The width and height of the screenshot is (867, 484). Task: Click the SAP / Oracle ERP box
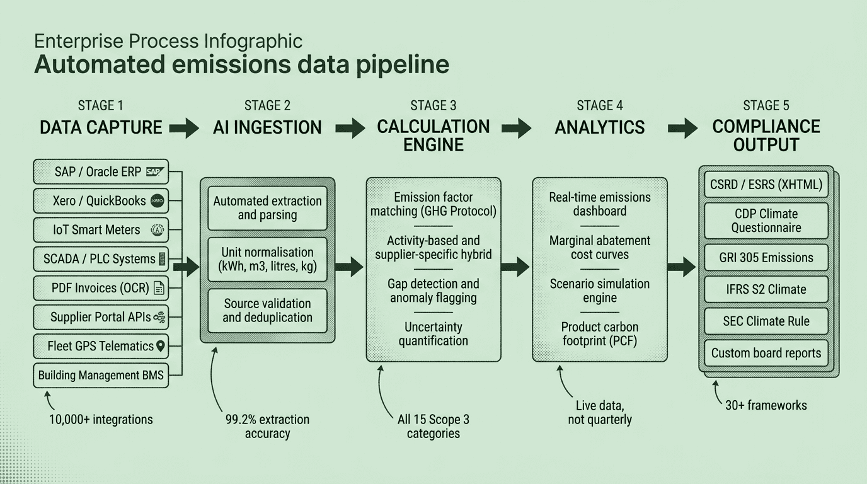(101, 172)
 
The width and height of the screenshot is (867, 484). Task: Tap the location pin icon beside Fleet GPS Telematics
(160, 346)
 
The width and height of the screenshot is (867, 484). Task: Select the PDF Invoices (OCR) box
(101, 288)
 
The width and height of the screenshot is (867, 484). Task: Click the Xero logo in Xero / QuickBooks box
(156, 202)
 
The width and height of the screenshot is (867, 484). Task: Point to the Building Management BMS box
(101, 375)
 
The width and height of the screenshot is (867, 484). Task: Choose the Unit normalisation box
(268, 259)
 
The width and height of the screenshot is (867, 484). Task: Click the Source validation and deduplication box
(268, 311)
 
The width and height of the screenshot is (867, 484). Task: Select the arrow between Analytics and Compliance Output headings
(682, 128)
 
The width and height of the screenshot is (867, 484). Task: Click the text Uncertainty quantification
(433, 334)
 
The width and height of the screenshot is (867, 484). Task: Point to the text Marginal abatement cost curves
(600, 248)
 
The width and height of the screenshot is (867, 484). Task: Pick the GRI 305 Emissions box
(766, 258)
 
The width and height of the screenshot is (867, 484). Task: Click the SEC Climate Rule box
(766, 321)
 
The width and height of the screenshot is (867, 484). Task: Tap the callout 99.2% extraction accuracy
(267, 426)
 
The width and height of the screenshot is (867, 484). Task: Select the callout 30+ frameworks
(766, 405)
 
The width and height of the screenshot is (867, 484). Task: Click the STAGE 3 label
(433, 105)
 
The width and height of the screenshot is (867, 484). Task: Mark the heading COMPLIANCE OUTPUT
(766, 135)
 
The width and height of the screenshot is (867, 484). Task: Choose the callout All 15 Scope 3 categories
(433, 426)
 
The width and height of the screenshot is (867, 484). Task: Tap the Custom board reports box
(766, 353)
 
